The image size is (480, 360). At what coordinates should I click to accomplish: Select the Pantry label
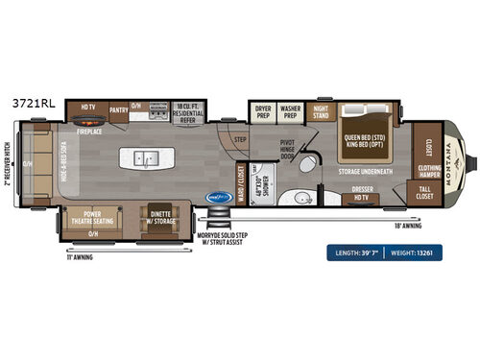click(119, 110)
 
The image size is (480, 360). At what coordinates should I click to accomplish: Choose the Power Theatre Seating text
click(92, 217)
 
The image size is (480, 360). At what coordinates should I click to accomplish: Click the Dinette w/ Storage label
click(158, 217)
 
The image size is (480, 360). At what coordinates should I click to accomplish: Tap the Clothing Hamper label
click(429, 175)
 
